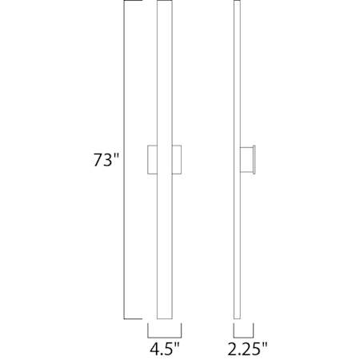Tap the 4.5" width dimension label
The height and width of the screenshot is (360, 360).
click(x=165, y=349)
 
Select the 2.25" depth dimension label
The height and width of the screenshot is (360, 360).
click(x=245, y=349)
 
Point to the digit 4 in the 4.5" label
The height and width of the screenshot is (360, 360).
click(x=153, y=349)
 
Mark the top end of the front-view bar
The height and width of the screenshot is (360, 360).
click(x=164, y=4)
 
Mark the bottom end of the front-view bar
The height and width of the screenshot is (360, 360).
click(x=164, y=315)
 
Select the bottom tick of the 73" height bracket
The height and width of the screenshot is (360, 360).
click(x=131, y=317)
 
